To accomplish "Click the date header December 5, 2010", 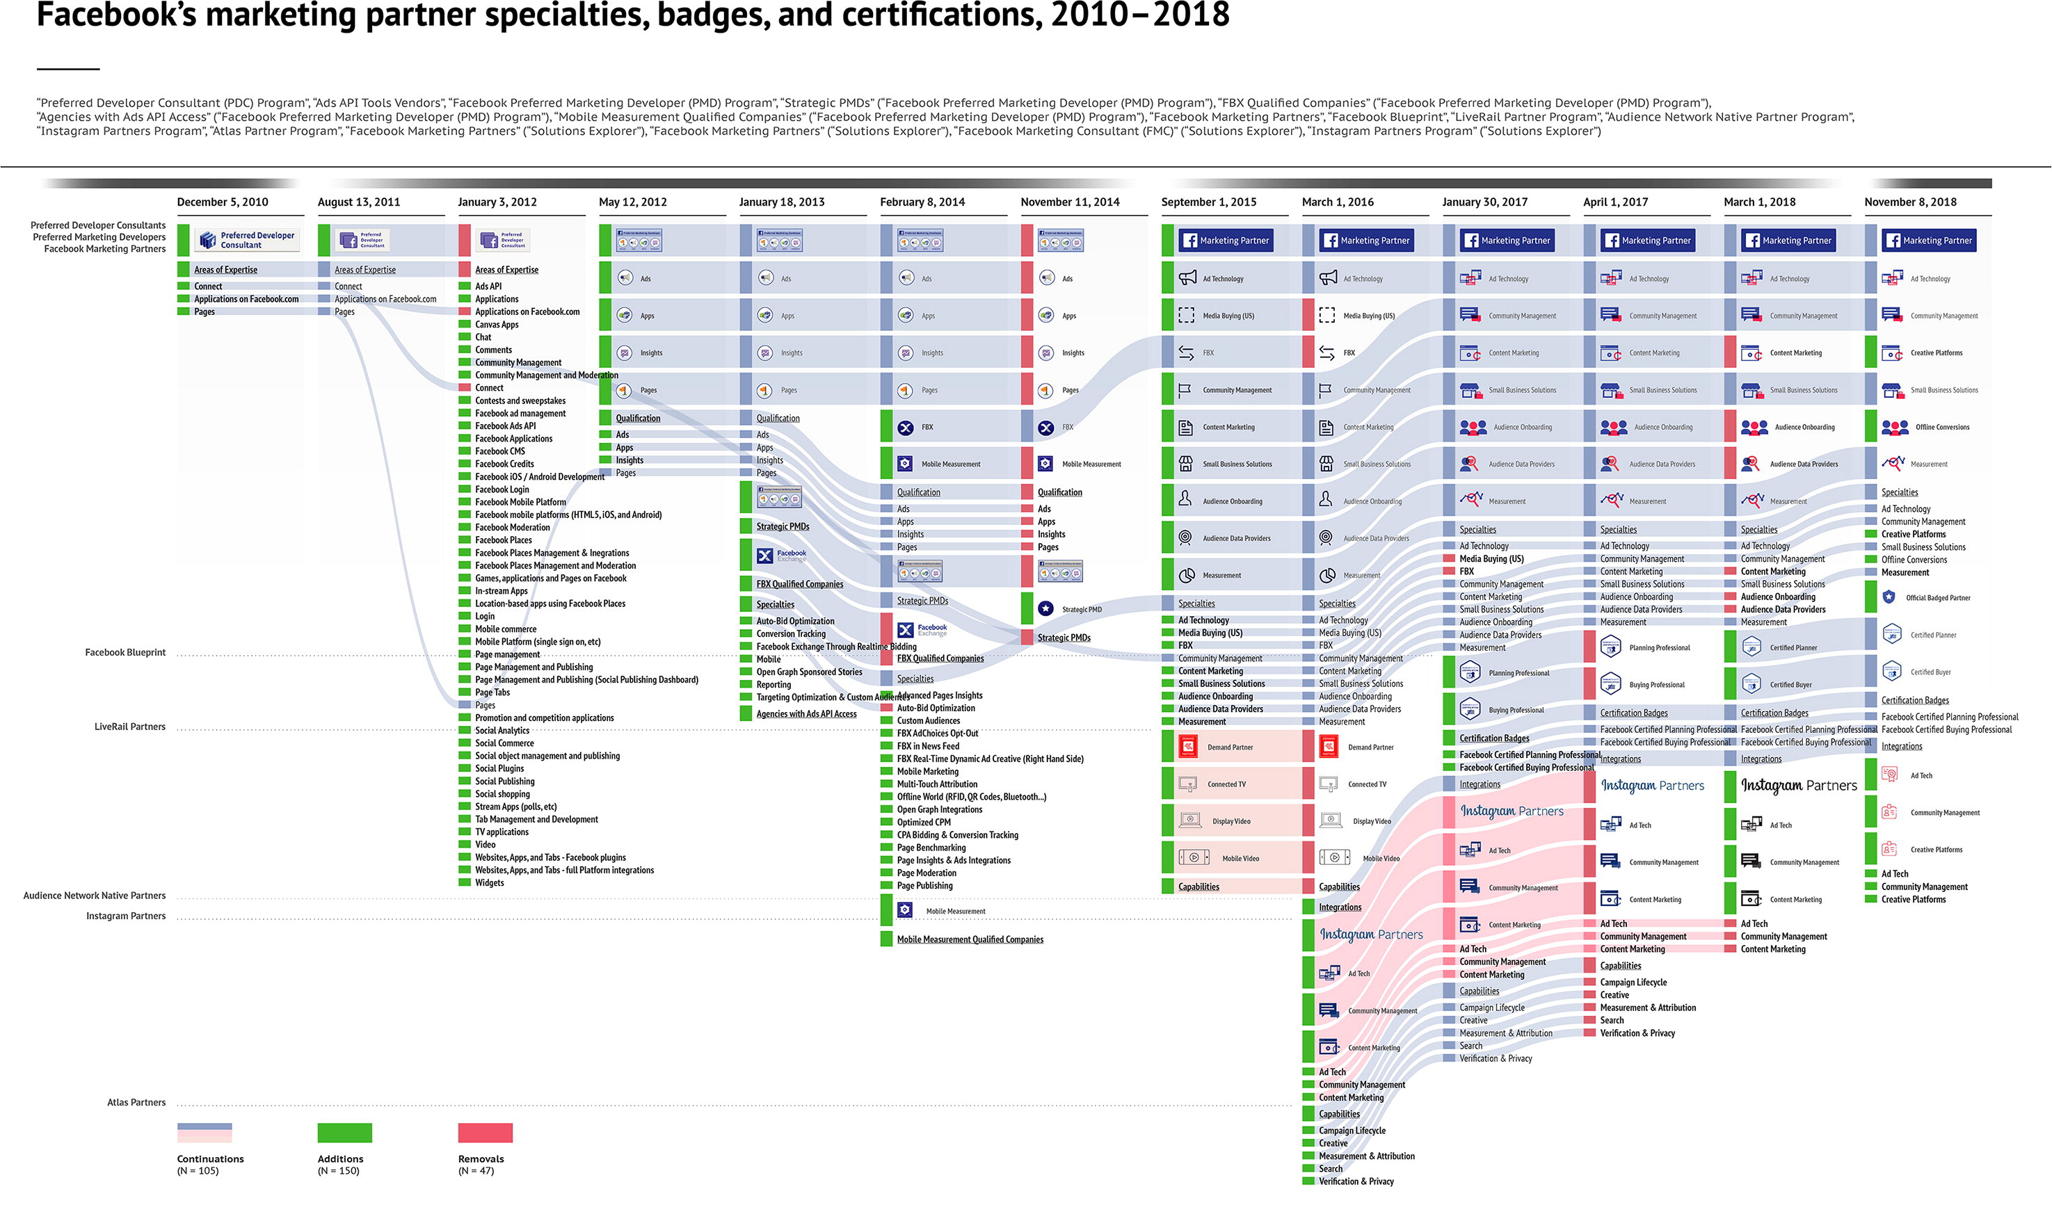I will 223,202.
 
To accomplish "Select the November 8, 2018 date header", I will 1909,202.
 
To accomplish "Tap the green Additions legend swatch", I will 344,1133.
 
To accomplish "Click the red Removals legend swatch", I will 486,1133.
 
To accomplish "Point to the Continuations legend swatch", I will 205,1133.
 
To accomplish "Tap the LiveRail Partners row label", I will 129,726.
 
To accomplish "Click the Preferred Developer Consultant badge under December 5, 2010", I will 247,240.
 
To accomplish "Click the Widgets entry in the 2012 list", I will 490,882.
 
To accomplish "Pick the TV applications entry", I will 502,832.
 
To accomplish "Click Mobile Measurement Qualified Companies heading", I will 969,939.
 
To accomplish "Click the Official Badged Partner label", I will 1937,597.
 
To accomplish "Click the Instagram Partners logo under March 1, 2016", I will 1371,935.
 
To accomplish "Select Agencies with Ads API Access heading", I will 805,714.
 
